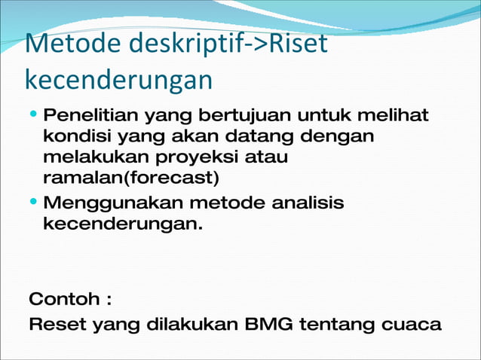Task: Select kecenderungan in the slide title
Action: click(118, 80)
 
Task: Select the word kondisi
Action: click(72, 138)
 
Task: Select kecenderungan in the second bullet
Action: click(123, 224)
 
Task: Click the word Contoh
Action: click(63, 299)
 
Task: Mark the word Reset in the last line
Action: click(57, 325)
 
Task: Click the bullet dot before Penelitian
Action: click(35, 117)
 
